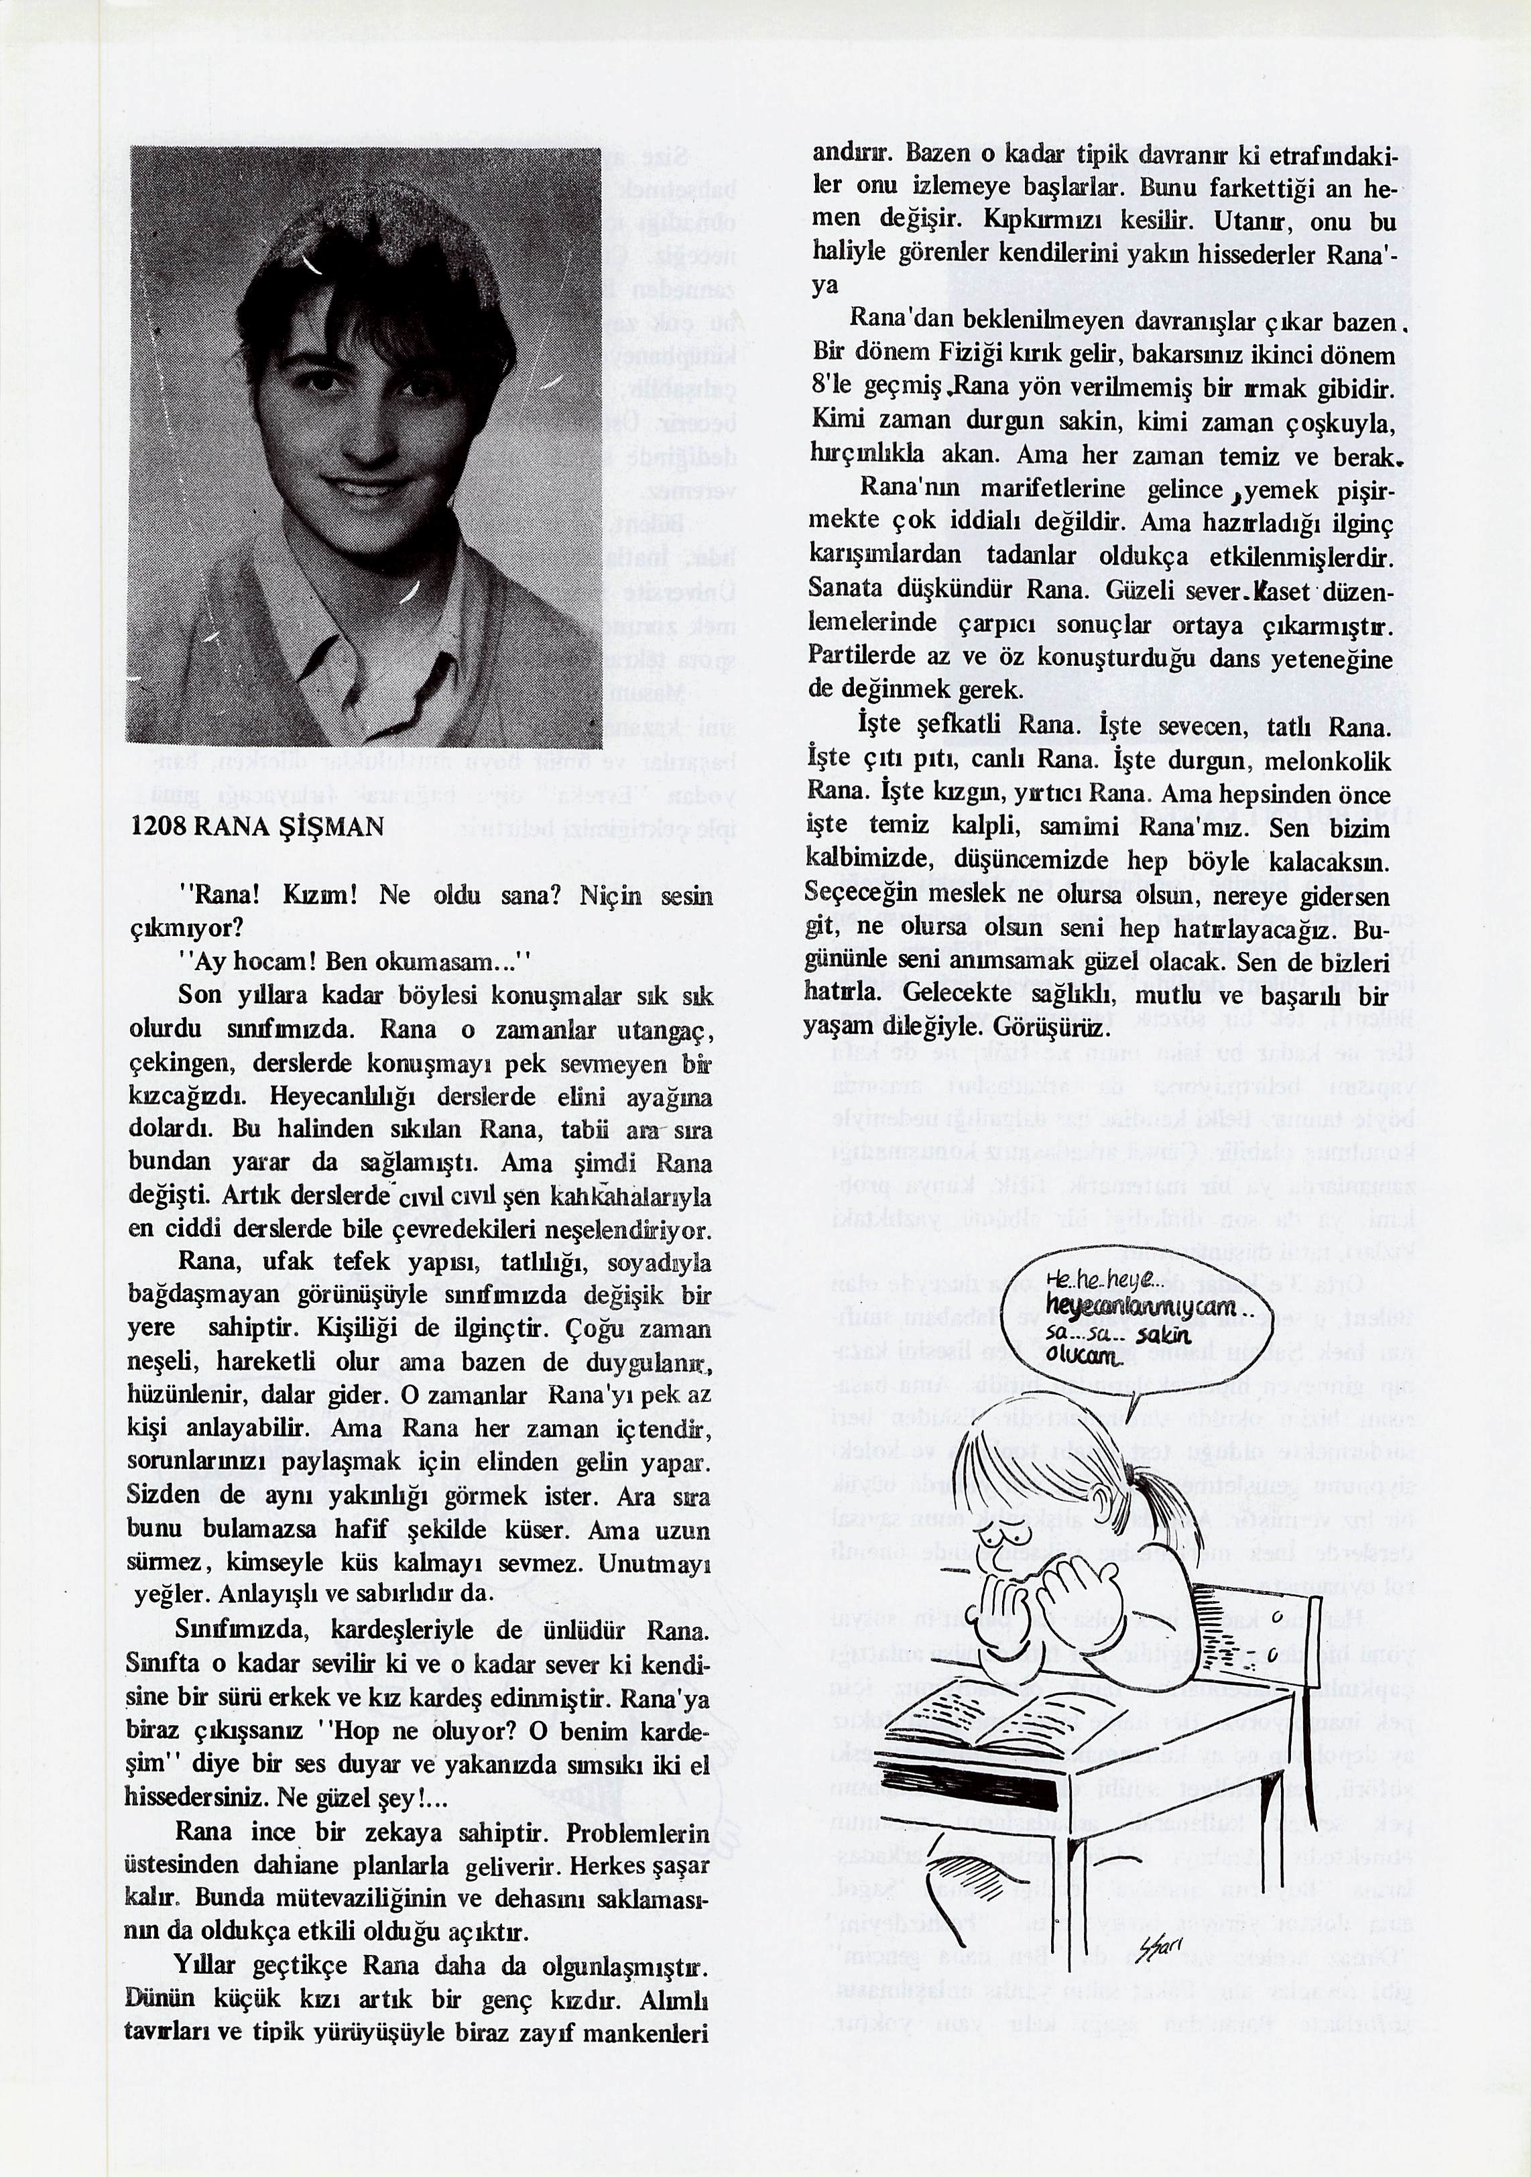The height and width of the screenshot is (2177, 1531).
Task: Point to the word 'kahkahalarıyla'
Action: point(630,1197)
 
